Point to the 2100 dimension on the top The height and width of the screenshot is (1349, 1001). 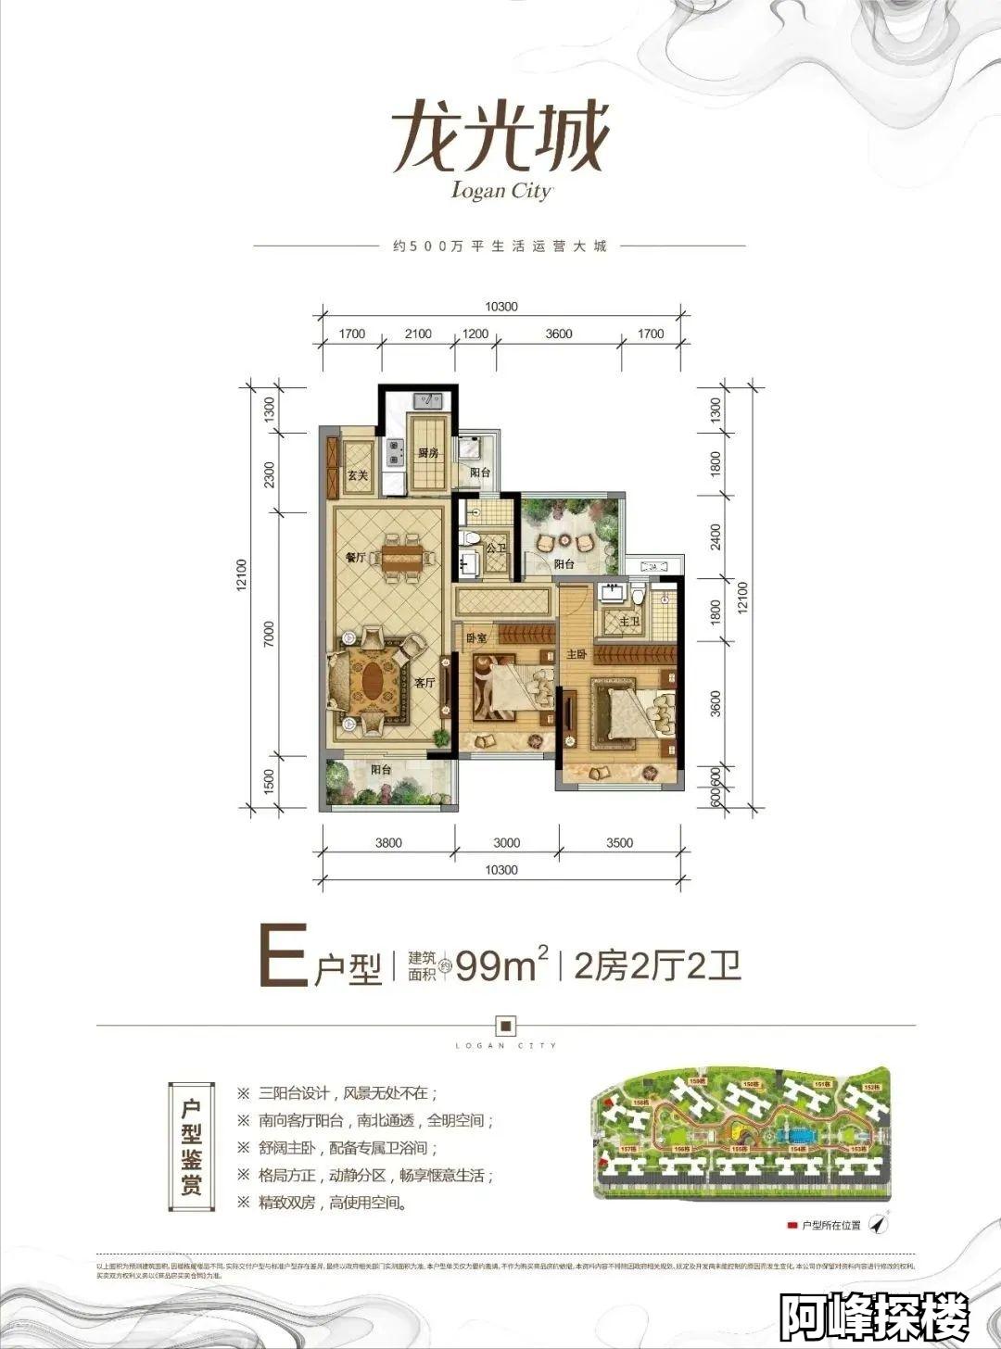[418, 334]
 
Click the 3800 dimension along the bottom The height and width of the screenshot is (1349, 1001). [388, 842]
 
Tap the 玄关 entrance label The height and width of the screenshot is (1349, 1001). [357, 475]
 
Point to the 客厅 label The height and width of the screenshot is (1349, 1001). [424, 683]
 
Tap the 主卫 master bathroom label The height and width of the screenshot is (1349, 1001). [628, 621]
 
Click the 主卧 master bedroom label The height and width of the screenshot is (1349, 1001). [577, 654]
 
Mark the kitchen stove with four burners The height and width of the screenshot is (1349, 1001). [396, 451]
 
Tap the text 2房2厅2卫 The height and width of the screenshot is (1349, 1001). [657, 966]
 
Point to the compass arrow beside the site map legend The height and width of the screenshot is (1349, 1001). [881, 1223]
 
